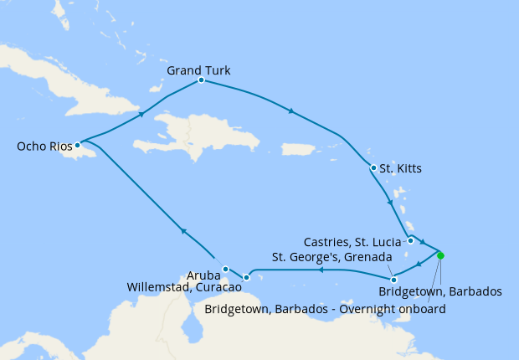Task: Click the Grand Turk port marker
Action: pos(202,80)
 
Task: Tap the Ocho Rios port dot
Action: pos(77,144)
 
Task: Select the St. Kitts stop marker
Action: pos(373,167)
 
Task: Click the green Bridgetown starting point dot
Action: pos(440,255)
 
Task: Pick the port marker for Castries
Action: pos(410,241)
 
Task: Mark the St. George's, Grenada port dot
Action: pos(393,279)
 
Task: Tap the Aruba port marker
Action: pos(225,269)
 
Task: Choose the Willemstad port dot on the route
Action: pos(246,277)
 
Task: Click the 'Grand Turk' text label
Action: pos(198,69)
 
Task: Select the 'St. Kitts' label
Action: pos(400,168)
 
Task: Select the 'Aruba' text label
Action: pos(203,274)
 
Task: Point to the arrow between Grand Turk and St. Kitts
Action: pos(290,111)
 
